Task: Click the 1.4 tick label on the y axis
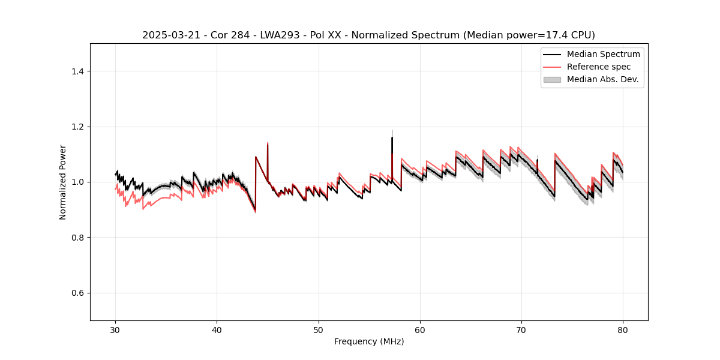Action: point(77,71)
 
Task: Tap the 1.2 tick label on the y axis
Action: point(77,127)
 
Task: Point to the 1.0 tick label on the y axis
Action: point(77,182)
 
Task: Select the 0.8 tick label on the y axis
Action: point(77,238)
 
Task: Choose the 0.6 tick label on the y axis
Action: point(77,293)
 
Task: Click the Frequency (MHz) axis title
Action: point(369,341)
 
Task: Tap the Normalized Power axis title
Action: point(63,182)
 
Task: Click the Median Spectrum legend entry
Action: point(603,54)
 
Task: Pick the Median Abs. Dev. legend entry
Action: point(603,79)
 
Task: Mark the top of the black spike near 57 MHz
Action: point(392,137)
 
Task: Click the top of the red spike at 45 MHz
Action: point(268,143)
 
